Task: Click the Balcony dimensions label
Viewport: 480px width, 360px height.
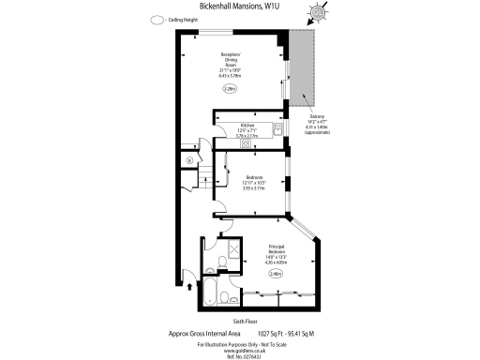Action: [319, 125]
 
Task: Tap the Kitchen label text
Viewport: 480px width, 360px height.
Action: [248, 125]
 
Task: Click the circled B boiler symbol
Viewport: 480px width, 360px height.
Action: [188, 161]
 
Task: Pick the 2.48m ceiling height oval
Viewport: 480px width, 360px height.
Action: [276, 273]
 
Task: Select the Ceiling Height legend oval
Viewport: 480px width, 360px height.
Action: [155, 20]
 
